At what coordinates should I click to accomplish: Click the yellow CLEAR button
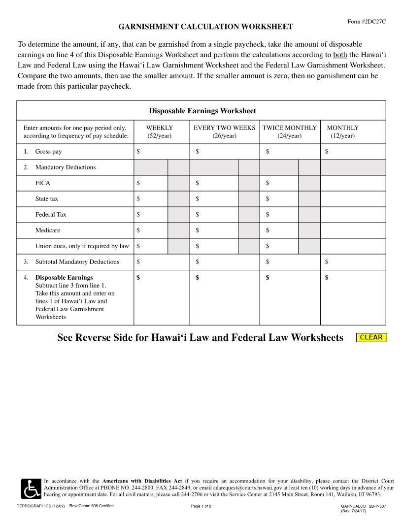tap(371, 337)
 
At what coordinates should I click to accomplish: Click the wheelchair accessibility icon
tap(31, 488)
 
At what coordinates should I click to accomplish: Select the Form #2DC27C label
tap(367, 22)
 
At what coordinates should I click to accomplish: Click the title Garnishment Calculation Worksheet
tap(205, 27)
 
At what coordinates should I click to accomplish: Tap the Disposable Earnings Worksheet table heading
tap(202, 111)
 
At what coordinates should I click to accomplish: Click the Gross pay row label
tap(48, 152)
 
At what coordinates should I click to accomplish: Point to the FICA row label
tap(42, 183)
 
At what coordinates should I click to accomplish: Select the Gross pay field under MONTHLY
tap(356, 152)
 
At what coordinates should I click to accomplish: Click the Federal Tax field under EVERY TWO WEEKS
tap(217, 215)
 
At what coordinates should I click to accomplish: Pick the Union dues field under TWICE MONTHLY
tap(282, 246)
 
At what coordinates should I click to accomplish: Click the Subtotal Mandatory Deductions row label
tap(77, 262)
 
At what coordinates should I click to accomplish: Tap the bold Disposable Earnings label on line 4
tap(64, 278)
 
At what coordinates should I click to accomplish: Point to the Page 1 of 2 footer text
tap(201, 506)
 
